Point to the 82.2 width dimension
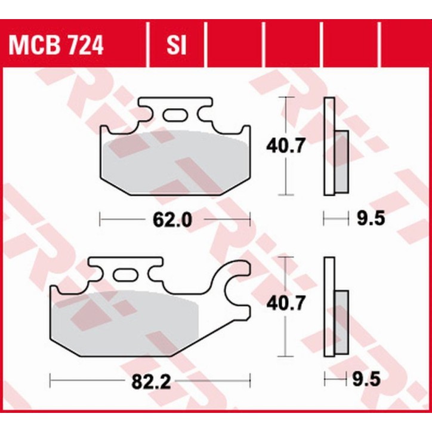point(149,381)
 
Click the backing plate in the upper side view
point(328,146)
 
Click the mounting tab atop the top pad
point(175,107)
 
